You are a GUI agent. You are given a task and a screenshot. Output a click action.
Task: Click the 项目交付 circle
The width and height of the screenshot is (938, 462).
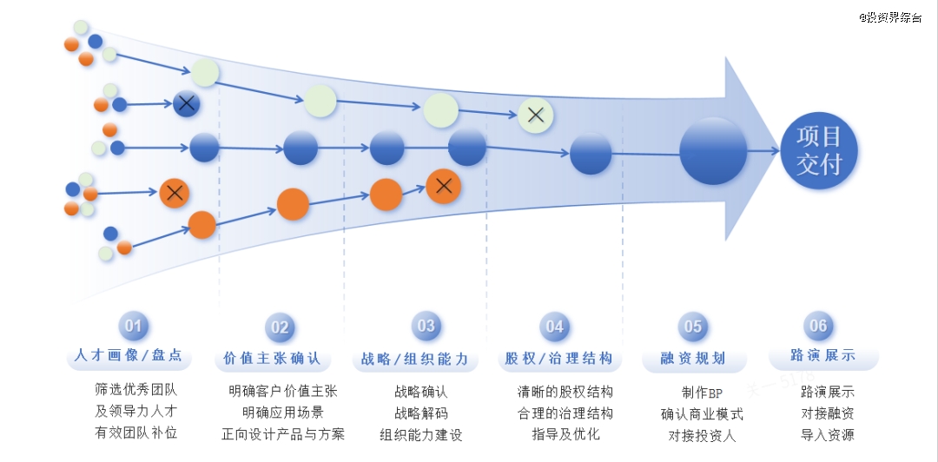point(818,150)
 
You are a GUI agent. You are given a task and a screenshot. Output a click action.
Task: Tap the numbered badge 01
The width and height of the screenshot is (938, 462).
point(134,326)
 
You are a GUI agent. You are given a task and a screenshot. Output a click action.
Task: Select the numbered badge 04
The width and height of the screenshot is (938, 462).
point(554,327)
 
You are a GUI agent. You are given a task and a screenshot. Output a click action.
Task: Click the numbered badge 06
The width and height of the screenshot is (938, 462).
point(818,326)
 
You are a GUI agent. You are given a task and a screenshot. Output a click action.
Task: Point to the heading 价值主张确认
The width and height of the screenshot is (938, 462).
point(272,358)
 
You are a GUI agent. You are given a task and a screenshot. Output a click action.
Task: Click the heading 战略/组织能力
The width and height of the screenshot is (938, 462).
point(415,358)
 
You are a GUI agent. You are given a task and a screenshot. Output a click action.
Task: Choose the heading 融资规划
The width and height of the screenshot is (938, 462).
point(692,358)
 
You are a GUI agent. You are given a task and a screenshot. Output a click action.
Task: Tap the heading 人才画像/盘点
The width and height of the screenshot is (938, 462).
point(129,355)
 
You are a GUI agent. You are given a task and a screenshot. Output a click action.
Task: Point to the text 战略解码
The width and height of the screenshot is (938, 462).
point(421,413)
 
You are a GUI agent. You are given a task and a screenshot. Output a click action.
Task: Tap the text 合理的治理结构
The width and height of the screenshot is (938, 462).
point(565,413)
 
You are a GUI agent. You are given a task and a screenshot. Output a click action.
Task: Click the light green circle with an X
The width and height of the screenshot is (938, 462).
point(536,115)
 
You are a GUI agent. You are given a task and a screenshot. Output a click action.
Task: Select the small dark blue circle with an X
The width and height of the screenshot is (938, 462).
point(186,104)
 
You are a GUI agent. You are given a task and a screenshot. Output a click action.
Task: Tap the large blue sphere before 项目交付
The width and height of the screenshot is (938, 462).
point(713,151)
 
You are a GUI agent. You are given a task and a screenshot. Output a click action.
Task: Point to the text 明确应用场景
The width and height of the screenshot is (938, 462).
point(283,413)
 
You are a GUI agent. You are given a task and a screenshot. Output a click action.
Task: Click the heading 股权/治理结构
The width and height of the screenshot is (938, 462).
point(558,358)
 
